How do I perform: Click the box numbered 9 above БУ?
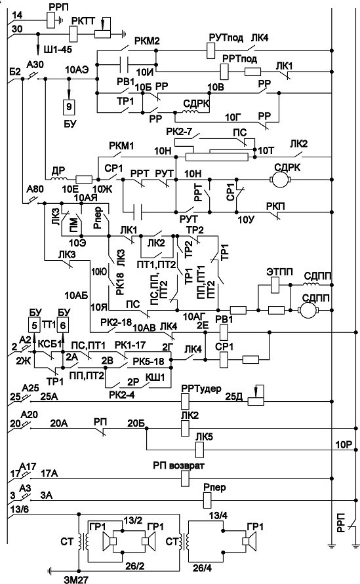tap(69, 107)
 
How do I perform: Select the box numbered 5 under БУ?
tap(34, 326)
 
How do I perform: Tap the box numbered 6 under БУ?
tap(62, 326)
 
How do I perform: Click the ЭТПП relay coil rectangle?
tap(275, 285)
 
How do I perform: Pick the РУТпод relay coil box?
tap(211, 50)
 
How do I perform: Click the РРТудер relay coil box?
tap(185, 402)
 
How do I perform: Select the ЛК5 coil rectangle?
tap(200, 449)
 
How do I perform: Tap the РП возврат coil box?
tap(185, 478)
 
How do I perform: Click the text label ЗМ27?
tap(77, 578)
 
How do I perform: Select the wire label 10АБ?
tap(76, 296)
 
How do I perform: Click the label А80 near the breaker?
tap(35, 189)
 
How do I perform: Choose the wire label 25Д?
tap(233, 397)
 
